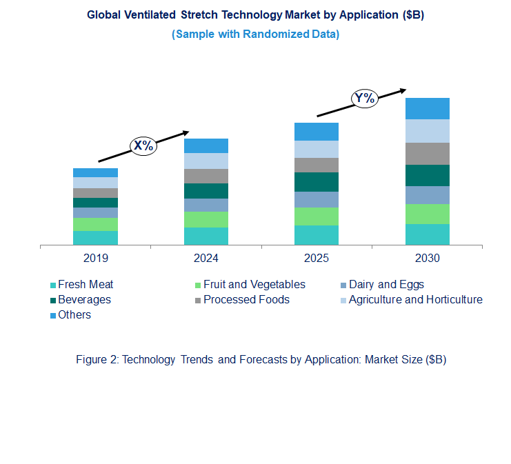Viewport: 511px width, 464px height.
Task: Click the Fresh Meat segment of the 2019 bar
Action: [x=95, y=238]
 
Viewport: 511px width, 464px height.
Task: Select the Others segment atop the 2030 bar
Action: [x=427, y=108]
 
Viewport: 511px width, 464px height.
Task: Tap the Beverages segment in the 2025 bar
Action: [x=317, y=182]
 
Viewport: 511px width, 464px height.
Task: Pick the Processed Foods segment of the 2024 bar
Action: [x=206, y=176]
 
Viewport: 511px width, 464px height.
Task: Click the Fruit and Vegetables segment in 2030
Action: [x=427, y=214]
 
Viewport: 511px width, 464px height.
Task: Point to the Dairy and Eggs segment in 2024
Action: [x=206, y=205]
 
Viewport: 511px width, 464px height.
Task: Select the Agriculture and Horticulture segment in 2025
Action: [x=317, y=149]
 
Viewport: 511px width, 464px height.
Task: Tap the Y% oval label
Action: [x=364, y=99]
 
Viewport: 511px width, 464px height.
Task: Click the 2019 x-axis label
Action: [x=95, y=259]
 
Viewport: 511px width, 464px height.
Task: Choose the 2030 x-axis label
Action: [x=427, y=259]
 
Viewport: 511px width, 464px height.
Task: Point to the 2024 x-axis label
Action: [x=206, y=259]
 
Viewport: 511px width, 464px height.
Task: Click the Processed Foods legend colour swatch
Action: [x=198, y=301]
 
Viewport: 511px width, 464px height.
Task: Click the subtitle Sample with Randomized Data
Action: [x=255, y=34]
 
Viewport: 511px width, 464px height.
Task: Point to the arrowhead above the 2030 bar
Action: [x=402, y=90]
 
